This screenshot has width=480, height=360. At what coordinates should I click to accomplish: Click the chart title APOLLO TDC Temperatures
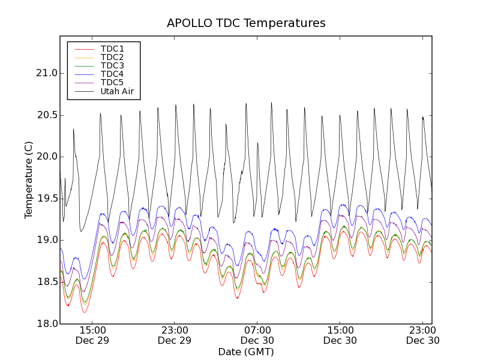246,23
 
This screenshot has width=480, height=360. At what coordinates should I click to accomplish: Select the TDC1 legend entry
112,49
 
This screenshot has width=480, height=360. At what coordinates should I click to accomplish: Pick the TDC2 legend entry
112,57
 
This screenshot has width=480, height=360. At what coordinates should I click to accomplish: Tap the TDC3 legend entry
112,65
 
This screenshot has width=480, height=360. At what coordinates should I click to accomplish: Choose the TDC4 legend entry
112,74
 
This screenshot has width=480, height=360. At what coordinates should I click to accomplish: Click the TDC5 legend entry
112,82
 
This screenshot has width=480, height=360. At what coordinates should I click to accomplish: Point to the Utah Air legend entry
117,92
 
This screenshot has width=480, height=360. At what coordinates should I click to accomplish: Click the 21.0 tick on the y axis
46,73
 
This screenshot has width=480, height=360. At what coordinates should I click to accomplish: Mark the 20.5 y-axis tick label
46,115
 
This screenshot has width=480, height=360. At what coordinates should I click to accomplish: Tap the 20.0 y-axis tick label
46,157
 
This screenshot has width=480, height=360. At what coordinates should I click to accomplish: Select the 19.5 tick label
46,199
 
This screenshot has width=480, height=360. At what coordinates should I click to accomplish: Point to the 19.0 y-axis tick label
46,240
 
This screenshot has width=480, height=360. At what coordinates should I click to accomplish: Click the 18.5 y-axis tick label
46,282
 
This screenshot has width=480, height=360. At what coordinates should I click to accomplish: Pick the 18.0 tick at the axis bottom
46,323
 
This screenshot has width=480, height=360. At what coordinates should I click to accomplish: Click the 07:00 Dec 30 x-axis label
257,335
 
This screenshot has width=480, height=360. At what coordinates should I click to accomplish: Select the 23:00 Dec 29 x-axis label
175,335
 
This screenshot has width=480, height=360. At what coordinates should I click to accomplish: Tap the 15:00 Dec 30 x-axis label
340,335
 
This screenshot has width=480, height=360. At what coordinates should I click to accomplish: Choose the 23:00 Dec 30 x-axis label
423,335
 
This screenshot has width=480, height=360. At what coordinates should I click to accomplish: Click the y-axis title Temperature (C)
29,180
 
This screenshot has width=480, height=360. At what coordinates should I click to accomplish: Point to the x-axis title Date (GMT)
246,352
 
